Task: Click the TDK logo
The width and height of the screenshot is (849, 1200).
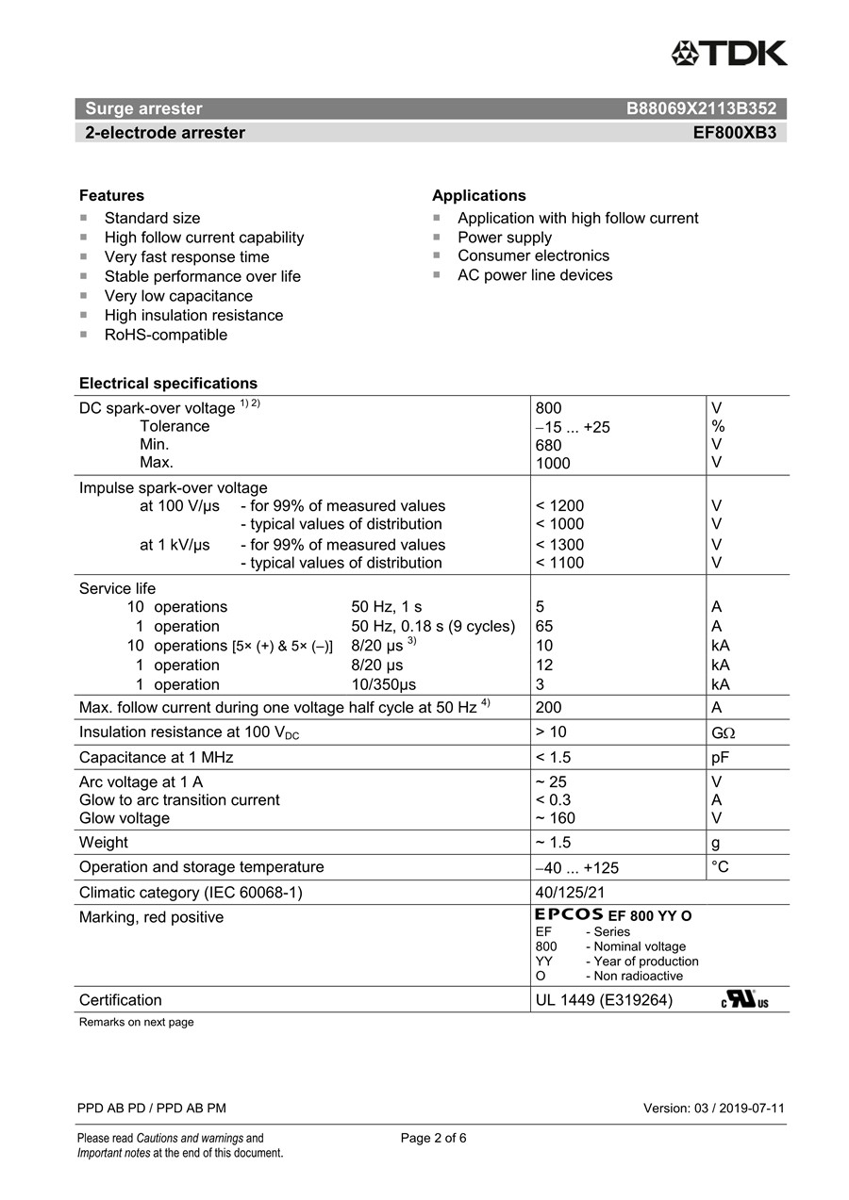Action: coord(729,54)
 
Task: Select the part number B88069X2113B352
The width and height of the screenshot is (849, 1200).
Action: coord(701,108)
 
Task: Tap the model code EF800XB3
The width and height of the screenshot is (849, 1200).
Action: coord(734,133)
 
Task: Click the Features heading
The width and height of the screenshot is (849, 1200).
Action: coord(111,196)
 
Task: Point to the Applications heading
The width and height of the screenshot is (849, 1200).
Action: coord(478,196)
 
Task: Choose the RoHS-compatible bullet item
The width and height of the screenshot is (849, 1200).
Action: coord(165,335)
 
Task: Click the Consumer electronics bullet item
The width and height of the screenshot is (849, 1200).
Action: coord(533,256)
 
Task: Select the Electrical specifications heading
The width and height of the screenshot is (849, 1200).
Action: coord(168,384)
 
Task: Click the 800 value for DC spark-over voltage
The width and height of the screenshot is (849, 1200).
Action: coord(548,408)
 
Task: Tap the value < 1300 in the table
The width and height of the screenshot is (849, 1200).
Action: coord(559,545)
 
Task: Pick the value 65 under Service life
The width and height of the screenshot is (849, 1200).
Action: coord(544,627)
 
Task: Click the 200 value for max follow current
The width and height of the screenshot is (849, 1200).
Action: coord(548,708)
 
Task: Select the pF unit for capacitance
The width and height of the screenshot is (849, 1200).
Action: coord(722,758)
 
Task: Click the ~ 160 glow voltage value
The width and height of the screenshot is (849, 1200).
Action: coord(555,818)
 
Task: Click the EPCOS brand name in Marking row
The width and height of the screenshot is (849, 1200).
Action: coord(569,914)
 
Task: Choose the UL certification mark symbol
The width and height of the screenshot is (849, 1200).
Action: coord(744,999)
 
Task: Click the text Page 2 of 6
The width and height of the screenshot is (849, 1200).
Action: coord(433,1138)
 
